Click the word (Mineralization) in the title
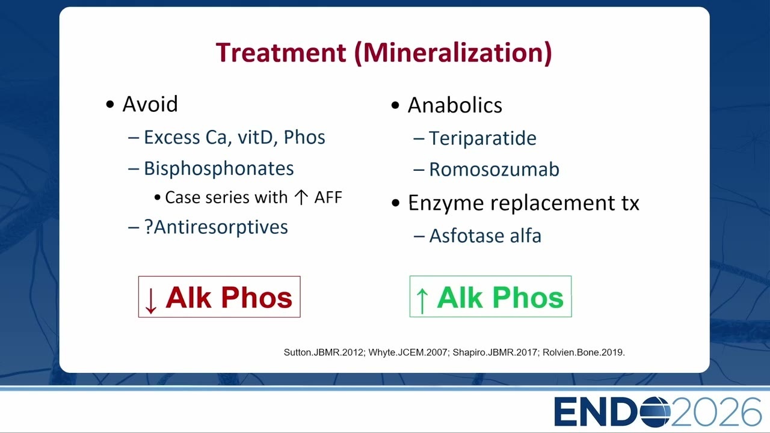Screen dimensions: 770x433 point(453,54)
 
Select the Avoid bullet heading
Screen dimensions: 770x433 point(150,104)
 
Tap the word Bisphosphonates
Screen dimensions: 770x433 point(218,168)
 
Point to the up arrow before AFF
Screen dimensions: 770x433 point(301,198)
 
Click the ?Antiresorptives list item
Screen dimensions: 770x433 point(216,227)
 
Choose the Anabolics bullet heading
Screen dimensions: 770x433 point(455,105)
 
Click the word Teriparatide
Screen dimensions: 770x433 point(482,138)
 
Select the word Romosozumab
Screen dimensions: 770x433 point(494,170)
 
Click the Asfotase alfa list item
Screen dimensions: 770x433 point(485,236)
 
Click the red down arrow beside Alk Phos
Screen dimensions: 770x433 point(150,301)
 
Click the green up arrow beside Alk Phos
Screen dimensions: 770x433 point(422,301)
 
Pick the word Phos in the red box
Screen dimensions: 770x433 point(256,298)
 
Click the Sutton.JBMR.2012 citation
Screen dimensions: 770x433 point(324,352)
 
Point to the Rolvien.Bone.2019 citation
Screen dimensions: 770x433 point(584,352)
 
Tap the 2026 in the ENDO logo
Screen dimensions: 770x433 point(716,412)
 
